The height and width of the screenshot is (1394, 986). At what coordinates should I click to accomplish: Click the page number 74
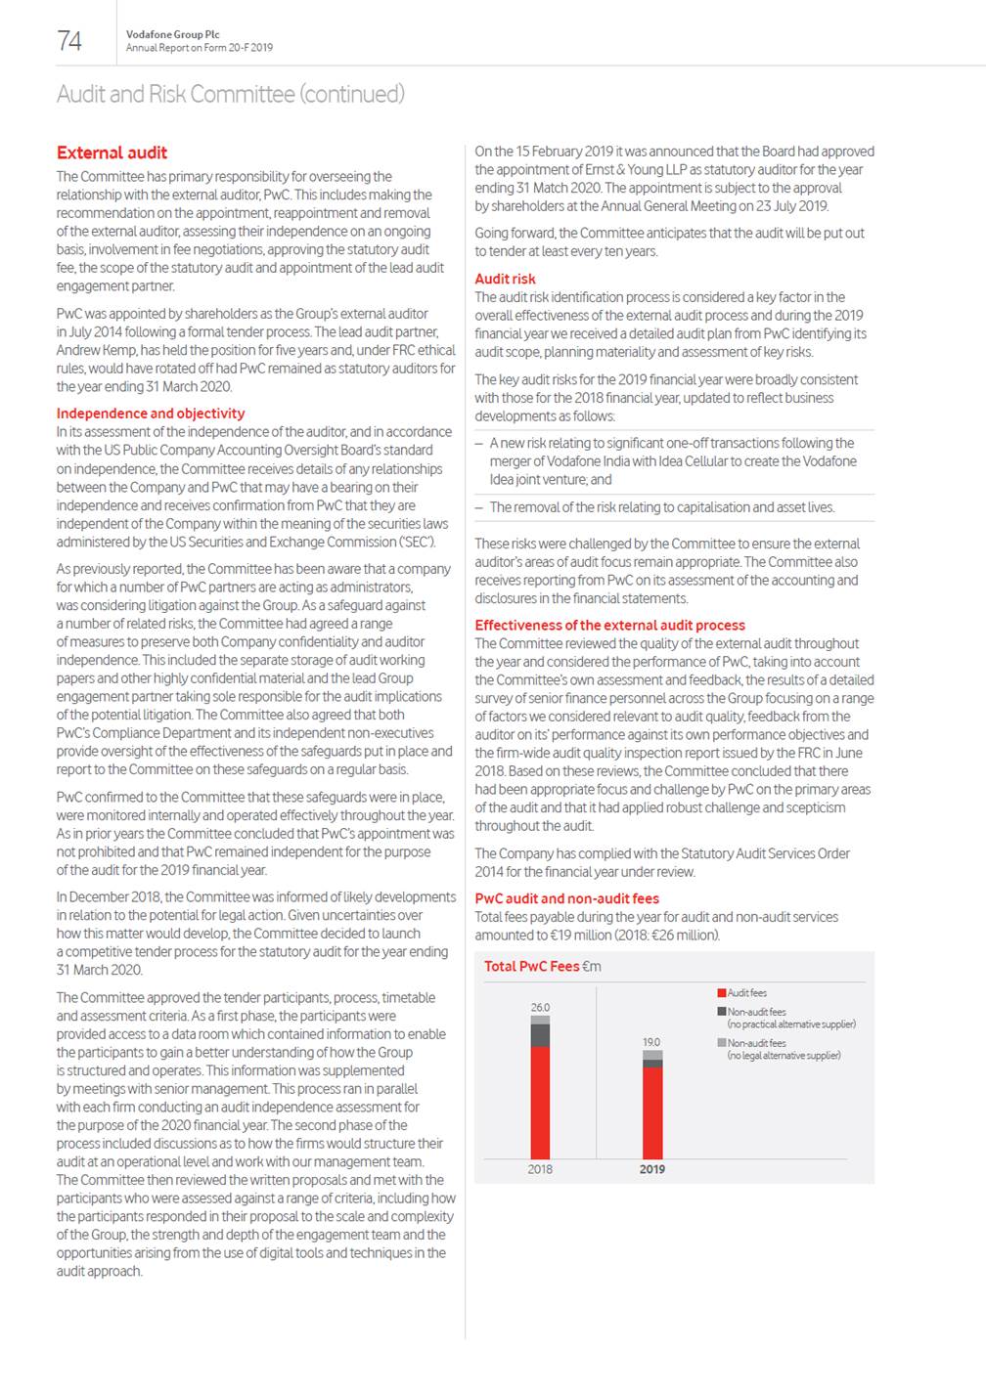tap(69, 40)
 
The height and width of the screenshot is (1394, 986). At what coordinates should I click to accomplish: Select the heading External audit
tap(112, 152)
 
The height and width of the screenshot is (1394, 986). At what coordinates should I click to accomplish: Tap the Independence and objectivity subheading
tap(151, 414)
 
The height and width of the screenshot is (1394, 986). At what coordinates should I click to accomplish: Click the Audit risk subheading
tap(505, 279)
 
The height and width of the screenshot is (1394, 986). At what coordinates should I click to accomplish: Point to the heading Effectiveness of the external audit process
tap(609, 626)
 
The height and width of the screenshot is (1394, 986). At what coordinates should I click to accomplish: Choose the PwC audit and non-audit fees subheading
tap(566, 898)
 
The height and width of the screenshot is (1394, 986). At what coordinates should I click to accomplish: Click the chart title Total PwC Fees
tap(532, 966)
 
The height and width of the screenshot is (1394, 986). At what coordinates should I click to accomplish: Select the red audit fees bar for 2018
tap(540, 1103)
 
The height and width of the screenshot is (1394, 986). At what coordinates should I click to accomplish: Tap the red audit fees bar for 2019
tap(652, 1112)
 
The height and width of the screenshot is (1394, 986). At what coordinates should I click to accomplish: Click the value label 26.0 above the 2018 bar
tap(540, 1007)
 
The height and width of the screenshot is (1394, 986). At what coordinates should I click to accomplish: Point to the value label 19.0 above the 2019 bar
tap(651, 1042)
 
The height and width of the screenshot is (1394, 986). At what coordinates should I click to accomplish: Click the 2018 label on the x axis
tap(540, 1169)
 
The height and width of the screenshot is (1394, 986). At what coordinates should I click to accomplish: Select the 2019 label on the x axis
tap(652, 1169)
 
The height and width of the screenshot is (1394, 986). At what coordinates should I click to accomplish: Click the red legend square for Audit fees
tap(722, 993)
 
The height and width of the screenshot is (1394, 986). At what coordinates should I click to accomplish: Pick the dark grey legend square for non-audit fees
tap(722, 1012)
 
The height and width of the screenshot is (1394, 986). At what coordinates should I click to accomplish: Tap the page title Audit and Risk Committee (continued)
tap(230, 94)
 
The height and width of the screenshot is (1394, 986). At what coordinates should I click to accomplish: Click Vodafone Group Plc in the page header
tap(172, 34)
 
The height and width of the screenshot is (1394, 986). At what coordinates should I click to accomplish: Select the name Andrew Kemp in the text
tap(93, 350)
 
